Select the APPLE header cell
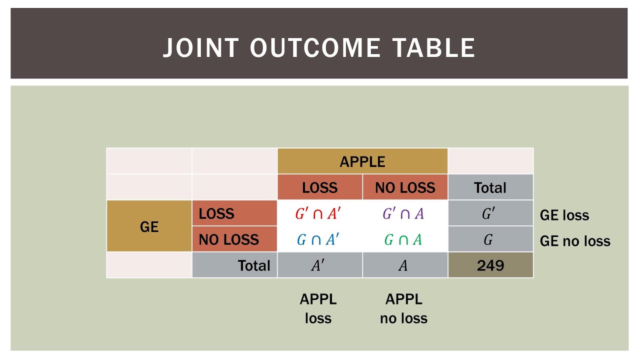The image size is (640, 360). pos(362,161)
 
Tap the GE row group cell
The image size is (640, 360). pos(149,226)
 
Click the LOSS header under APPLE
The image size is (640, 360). pos(319,187)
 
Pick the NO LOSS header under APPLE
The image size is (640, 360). pos(405,187)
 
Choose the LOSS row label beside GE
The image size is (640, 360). pos(216,213)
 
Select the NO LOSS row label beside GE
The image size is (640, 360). pos(229,239)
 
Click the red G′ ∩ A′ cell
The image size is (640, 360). pos(317,214)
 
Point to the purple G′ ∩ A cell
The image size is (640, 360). pos(403,214)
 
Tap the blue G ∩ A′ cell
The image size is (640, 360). pos(317,240)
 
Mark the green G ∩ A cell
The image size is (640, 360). pos(403,240)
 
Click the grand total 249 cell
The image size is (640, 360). pos(490,265)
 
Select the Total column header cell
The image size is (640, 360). pos(490,187)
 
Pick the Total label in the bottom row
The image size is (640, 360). pos(254,265)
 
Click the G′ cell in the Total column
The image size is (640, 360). pos(488,214)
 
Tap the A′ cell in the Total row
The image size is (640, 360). pos(318,265)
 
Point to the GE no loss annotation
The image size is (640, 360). pos(575,241)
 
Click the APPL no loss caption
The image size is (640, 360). pos(404,309)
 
